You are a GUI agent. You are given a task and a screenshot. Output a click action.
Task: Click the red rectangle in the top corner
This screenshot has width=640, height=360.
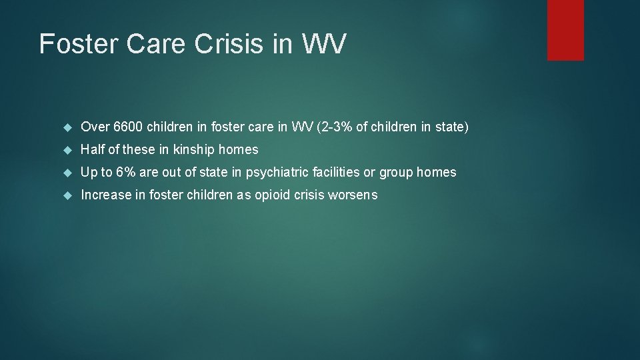(x=565, y=30)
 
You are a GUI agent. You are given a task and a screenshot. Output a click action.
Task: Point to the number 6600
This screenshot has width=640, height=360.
(x=128, y=127)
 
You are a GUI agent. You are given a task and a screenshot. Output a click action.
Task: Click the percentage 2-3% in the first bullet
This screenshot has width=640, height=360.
(x=335, y=127)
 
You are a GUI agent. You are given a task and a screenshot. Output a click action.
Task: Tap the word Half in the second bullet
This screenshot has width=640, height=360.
(x=92, y=149)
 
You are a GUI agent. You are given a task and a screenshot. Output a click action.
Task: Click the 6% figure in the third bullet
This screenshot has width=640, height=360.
(x=125, y=172)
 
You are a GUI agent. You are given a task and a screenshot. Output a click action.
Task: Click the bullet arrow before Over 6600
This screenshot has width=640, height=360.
(x=67, y=127)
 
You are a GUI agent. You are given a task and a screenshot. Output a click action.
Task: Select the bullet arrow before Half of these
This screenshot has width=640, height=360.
(x=67, y=149)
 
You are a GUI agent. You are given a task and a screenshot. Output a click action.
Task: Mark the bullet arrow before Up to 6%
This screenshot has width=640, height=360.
(x=67, y=172)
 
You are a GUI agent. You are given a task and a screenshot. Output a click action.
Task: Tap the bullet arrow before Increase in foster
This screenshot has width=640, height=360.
(x=67, y=195)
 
